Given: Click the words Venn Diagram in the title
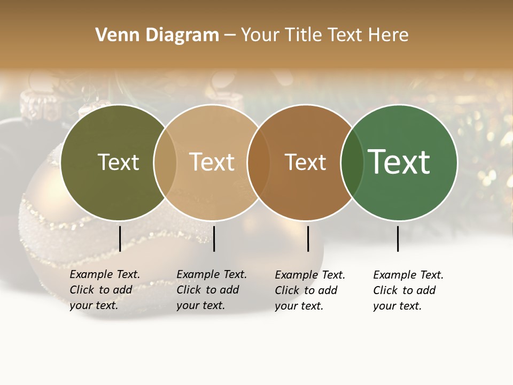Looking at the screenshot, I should tap(157, 35).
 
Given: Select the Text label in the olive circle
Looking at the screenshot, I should tap(118, 162).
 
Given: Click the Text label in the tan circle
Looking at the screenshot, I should tap(212, 162).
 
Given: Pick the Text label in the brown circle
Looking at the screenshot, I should tap(305, 162).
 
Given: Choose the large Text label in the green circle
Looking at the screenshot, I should tap(399, 162).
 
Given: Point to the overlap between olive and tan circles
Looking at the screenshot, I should tap(165, 162).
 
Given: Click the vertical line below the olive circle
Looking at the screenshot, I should tap(120, 238).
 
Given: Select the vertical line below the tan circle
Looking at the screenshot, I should tap(214, 238).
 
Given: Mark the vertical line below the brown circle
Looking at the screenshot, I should tap(308, 238).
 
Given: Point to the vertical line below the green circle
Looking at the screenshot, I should tap(398, 238).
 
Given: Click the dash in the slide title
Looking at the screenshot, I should tap(230, 35).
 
